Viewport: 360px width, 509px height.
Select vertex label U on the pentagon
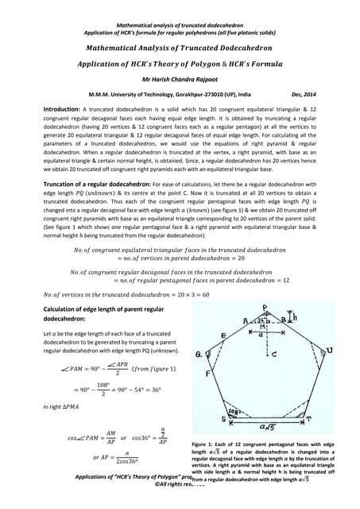click(x=334, y=348)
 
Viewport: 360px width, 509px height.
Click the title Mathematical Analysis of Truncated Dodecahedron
click(x=180, y=48)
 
